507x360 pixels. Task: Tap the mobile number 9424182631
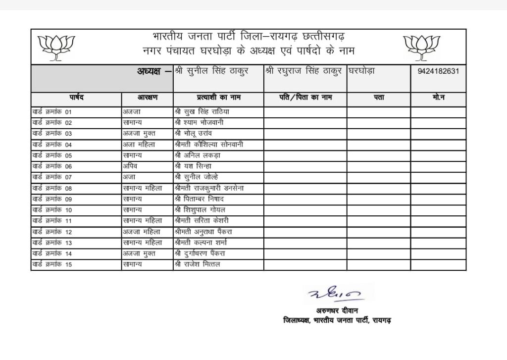438,71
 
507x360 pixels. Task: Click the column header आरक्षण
147,98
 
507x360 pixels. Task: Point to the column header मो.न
438,98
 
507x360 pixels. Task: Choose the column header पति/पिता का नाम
305,98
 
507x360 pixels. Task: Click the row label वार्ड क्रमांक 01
52,112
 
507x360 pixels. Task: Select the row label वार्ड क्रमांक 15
52,265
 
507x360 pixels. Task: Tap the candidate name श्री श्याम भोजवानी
199,122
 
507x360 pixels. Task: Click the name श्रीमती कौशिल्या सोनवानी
208,145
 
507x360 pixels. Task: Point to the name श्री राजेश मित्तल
197,265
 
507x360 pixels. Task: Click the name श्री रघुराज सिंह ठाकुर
303,70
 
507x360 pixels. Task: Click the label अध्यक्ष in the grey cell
151,71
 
